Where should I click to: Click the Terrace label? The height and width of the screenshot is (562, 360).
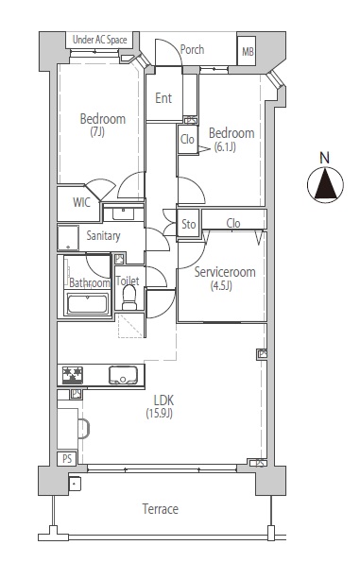coord(160,509)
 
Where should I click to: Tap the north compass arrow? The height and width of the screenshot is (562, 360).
coord(325,184)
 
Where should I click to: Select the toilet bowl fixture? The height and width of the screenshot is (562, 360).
coord(129,298)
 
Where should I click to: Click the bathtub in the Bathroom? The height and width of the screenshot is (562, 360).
coord(88,304)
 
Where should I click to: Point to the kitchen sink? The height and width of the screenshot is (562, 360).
coord(123,375)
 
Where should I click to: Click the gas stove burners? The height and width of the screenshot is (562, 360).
coord(73,375)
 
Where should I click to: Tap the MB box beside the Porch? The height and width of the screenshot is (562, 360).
coord(248,51)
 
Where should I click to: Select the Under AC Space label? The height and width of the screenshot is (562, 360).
coord(99,40)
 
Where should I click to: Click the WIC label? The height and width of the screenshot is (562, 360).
coord(81,202)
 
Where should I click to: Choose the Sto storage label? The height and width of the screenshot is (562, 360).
coord(188,225)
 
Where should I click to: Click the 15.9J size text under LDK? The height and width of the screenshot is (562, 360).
coord(159,414)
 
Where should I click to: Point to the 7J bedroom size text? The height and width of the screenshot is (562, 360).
coord(97,132)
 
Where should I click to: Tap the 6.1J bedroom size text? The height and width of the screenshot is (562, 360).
coord(225,147)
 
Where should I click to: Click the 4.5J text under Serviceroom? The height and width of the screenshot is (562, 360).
coord(221,286)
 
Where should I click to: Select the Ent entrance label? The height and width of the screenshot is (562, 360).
coord(163,98)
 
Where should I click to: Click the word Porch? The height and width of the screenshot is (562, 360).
coord(192,49)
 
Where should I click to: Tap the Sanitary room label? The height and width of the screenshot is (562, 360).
coord(103,236)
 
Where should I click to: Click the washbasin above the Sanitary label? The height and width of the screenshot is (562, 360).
coord(124,213)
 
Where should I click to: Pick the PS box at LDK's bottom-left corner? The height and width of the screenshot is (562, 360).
coord(67,459)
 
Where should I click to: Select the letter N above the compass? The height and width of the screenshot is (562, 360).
coord(324,158)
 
